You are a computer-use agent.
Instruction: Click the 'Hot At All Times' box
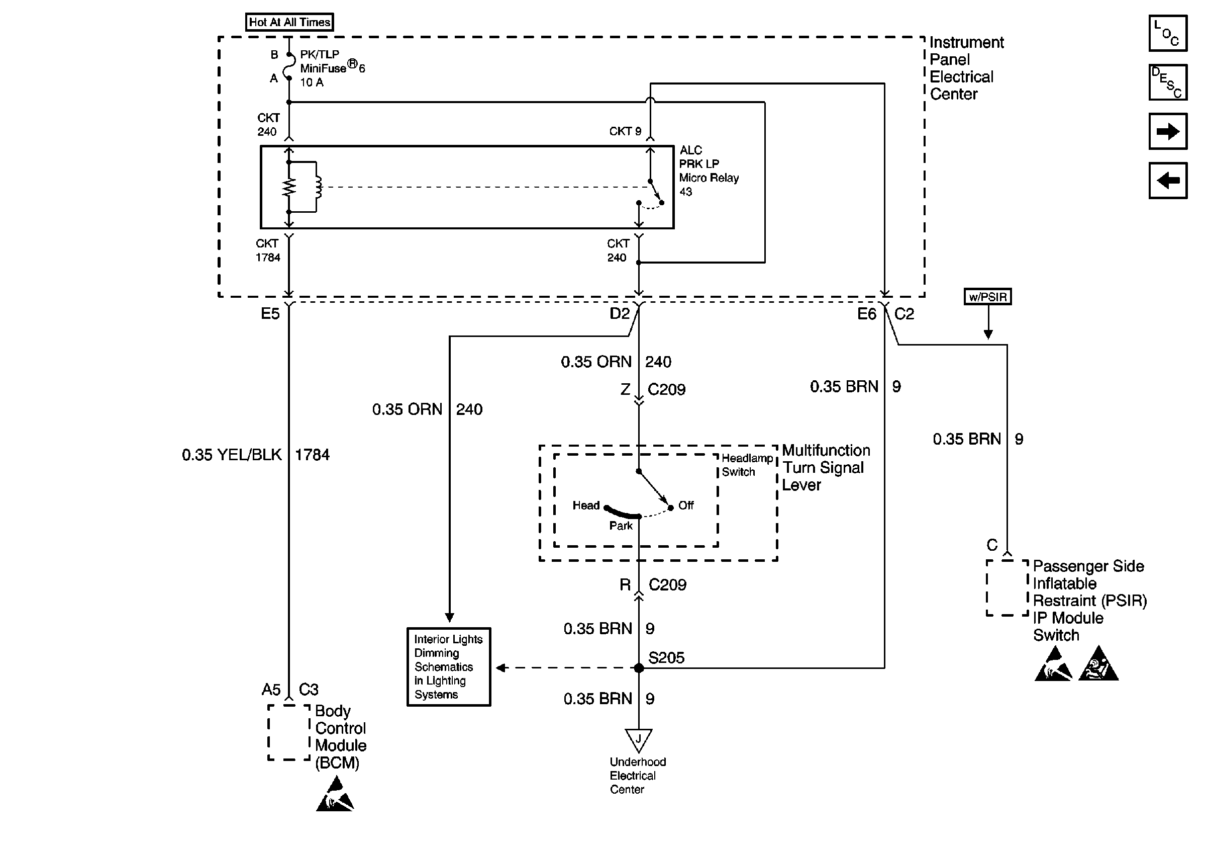[289, 22]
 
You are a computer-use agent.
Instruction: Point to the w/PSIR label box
[987, 297]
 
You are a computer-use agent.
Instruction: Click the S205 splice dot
[639, 668]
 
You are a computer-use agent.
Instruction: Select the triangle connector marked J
[638, 739]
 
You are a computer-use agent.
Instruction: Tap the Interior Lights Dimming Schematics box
[448, 666]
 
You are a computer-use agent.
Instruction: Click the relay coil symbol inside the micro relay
[317, 187]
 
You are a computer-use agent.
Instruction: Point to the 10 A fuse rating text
[312, 82]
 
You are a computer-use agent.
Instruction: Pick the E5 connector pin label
[270, 314]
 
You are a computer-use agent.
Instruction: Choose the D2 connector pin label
[619, 314]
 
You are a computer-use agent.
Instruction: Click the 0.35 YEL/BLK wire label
[232, 455]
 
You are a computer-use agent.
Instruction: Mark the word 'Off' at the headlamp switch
[685, 505]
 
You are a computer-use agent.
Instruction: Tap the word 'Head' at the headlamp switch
[585, 505]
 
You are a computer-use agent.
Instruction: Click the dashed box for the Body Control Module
[288, 732]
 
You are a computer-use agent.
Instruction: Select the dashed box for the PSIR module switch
[1006, 587]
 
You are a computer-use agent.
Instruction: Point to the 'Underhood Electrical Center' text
[637, 776]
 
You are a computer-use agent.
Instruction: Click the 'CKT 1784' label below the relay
[267, 250]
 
